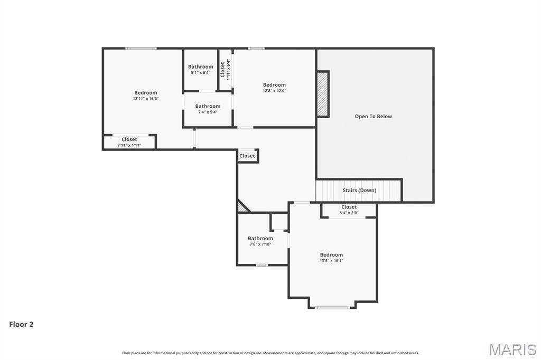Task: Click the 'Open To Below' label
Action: [373, 116]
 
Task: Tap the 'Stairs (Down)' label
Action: [359, 190]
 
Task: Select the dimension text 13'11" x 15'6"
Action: [145, 99]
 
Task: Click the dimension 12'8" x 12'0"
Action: [274, 91]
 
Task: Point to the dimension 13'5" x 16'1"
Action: [331, 261]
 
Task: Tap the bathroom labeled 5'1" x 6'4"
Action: [201, 70]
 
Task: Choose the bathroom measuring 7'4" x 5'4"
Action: [208, 109]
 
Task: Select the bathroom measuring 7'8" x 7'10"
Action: [260, 241]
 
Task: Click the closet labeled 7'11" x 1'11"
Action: [129, 142]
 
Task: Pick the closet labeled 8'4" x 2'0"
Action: [349, 210]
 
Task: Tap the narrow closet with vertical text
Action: [225, 69]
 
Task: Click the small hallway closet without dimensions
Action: [247, 156]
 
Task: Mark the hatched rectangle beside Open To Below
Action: [322, 94]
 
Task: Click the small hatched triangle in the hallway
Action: [241, 207]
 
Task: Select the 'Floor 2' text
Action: [21, 325]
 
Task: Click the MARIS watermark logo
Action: [512, 349]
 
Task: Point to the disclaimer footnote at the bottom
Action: [270, 353]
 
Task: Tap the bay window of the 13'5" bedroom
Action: [332, 307]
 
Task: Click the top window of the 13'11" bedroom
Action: [141, 49]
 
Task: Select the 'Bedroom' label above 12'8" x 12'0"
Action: [274, 85]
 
